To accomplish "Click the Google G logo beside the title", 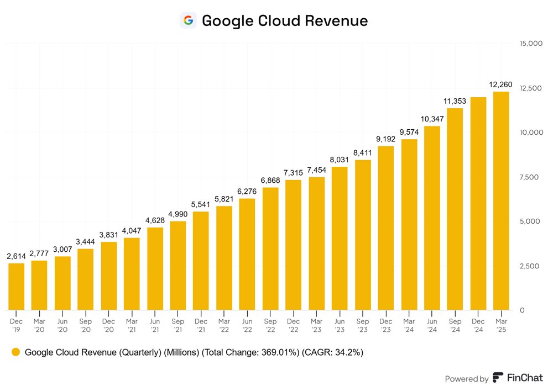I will coord(188,20).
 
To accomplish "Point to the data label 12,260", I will coord(501,84).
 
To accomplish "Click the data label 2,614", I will coord(16,256).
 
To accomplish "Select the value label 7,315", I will coord(293,173).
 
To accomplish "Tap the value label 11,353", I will coord(455,101).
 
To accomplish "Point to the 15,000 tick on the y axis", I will coord(531,44).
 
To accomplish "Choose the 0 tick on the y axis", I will coord(522,310).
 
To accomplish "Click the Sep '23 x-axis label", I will coord(363,325).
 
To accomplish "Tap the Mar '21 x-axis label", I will coord(132,325).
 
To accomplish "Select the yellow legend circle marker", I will coord(15,352).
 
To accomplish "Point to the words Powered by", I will coord(466,378).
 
